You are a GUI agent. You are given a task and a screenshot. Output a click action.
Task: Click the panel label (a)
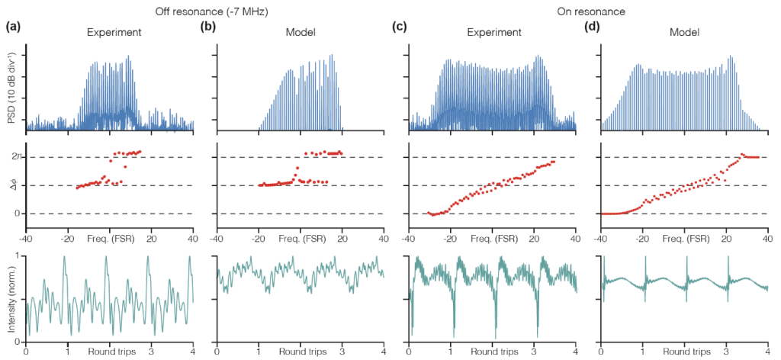(13, 27)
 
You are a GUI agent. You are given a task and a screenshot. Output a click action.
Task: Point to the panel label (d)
(591, 27)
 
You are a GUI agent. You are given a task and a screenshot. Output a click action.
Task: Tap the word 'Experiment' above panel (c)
(494, 33)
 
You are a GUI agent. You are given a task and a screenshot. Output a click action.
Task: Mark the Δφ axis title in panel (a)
(15, 185)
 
